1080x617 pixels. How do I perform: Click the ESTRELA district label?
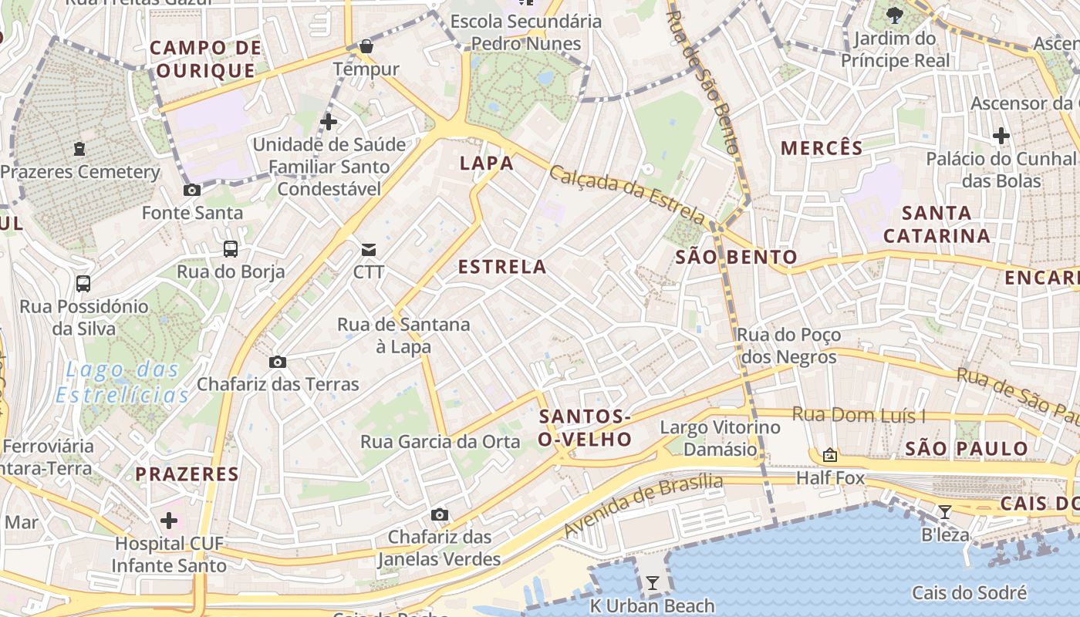[x=502, y=268]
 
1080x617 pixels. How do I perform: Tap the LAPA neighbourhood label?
[x=486, y=164]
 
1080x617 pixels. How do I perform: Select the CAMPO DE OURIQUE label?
[x=205, y=59]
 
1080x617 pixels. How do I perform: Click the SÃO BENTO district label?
[x=736, y=258]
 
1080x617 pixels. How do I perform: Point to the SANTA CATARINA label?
[x=937, y=224]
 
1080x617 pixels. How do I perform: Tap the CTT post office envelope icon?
[x=369, y=249]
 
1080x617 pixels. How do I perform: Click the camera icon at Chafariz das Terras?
[x=278, y=362]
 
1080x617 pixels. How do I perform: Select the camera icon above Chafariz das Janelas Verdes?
[x=440, y=514]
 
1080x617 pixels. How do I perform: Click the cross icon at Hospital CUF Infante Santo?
[x=169, y=521]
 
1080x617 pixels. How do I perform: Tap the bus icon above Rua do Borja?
[x=231, y=248]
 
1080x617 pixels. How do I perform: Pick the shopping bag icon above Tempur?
[x=366, y=46]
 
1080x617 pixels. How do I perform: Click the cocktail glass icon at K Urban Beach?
[x=653, y=583]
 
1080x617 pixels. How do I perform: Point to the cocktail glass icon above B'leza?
[x=944, y=511]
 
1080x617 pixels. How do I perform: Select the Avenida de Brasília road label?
[x=644, y=505]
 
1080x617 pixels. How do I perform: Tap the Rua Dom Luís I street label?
[x=859, y=416]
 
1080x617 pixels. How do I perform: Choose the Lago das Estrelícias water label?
[x=123, y=383]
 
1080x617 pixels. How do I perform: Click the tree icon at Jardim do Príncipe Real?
[x=895, y=15]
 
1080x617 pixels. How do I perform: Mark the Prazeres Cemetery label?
[x=80, y=172]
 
